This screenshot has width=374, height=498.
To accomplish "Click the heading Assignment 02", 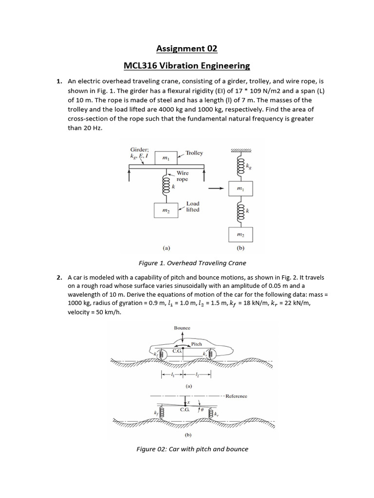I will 187,49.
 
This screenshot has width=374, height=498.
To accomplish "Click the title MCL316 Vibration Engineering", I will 187,65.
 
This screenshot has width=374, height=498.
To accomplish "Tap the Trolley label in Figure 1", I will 194,153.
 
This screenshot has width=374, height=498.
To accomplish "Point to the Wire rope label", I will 182,176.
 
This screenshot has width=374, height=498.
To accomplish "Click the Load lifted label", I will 193,207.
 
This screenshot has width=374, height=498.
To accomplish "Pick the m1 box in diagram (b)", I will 240,187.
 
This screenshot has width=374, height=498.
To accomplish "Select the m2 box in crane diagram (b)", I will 240,234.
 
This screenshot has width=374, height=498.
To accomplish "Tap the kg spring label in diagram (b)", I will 250,166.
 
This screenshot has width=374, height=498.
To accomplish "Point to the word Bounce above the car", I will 182,328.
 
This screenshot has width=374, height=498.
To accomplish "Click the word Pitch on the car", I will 196,343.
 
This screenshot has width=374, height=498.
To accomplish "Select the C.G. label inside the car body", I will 177,351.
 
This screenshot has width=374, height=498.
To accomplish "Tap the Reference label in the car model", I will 236,396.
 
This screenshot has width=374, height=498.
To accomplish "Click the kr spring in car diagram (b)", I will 211,414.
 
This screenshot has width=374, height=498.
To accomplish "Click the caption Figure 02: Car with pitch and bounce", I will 192,449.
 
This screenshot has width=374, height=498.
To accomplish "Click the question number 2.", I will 59,277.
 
